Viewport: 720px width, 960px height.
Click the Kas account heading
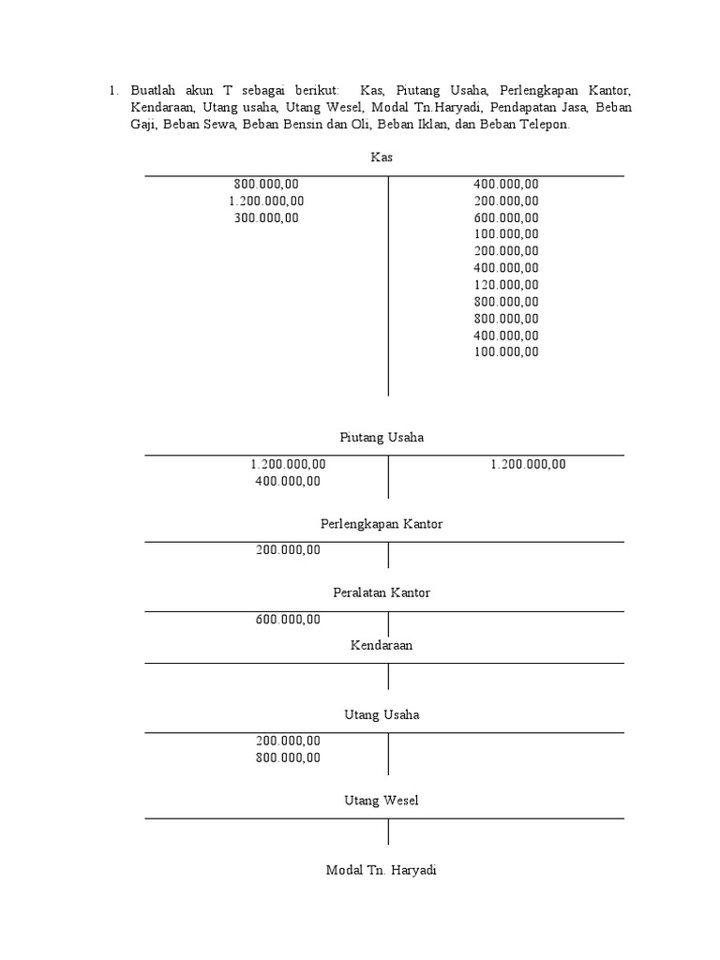(x=382, y=157)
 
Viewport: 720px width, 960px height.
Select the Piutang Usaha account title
(x=382, y=438)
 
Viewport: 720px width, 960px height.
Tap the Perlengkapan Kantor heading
(x=382, y=524)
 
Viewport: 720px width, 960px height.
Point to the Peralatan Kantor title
(x=382, y=593)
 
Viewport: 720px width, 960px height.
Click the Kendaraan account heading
(x=382, y=645)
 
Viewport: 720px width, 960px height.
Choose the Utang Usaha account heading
(x=382, y=715)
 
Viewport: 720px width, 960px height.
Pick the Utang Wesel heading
(x=382, y=801)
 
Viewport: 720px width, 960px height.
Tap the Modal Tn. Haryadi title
(x=382, y=870)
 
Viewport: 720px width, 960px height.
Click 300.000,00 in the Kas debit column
(x=266, y=217)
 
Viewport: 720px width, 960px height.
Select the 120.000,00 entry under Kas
(x=506, y=285)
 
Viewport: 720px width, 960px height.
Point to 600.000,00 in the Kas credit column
(x=506, y=217)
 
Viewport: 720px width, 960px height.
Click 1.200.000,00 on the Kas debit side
(x=266, y=201)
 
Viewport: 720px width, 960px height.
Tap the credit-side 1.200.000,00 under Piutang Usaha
(x=528, y=464)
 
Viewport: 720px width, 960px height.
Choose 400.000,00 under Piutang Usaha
(x=288, y=481)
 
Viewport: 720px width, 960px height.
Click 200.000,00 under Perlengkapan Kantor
(x=288, y=550)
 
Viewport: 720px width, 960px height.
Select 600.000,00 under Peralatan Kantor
(x=288, y=620)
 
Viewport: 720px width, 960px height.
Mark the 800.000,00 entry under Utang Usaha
(x=288, y=758)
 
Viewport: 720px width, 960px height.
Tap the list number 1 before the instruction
(x=112, y=91)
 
